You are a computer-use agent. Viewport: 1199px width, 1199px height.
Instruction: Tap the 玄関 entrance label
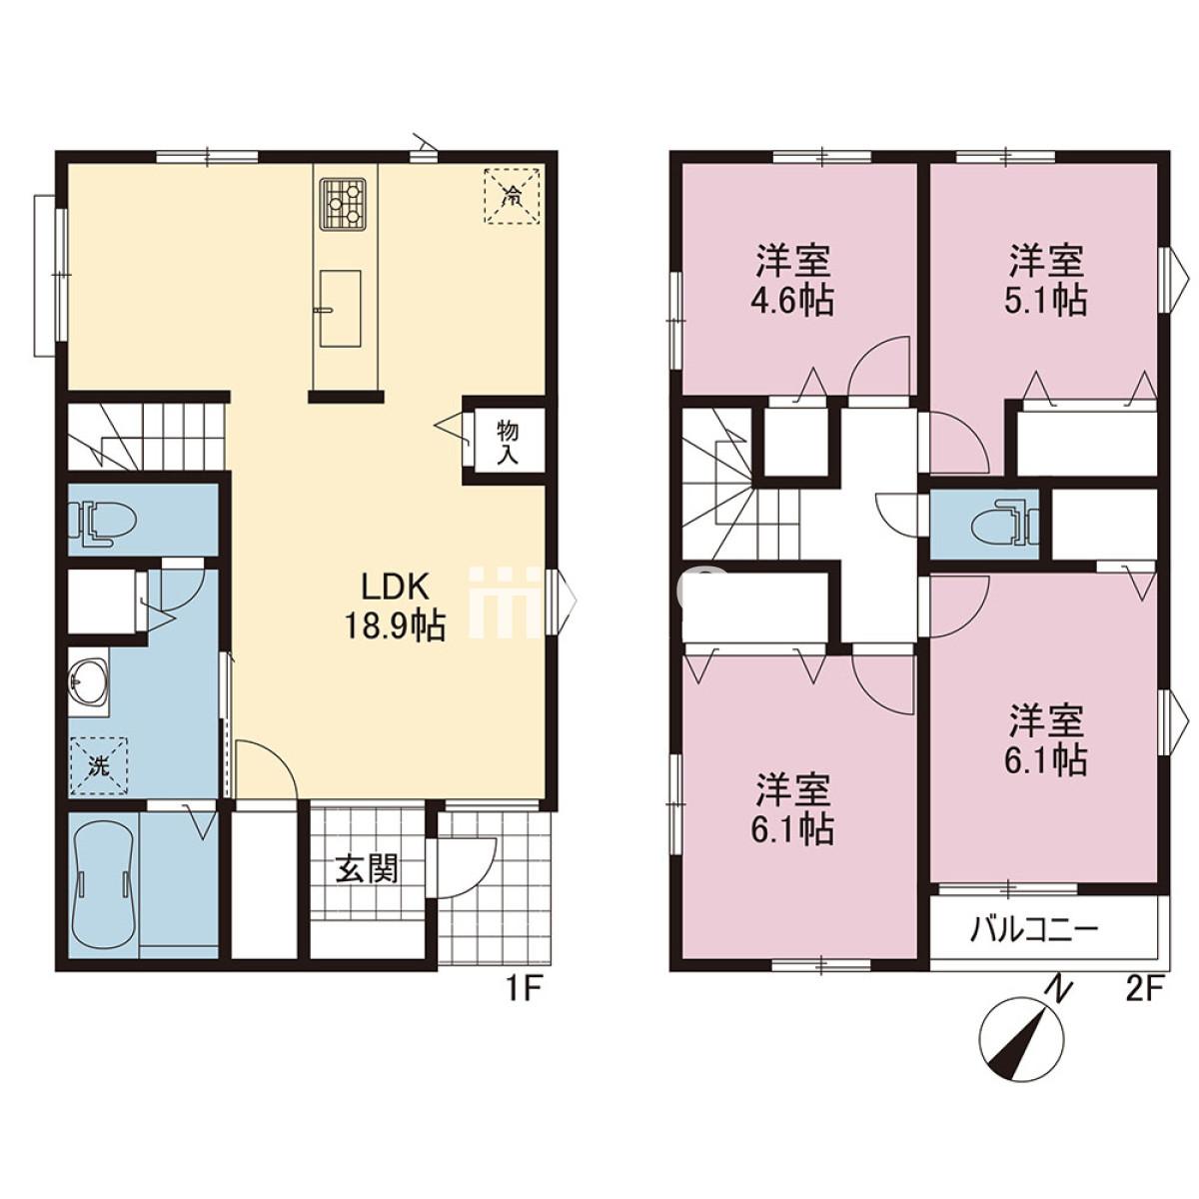pos(366,869)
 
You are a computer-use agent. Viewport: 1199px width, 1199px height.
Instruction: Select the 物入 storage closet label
pos(508,443)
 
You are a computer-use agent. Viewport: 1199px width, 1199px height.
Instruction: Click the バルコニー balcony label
pos(1035,931)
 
